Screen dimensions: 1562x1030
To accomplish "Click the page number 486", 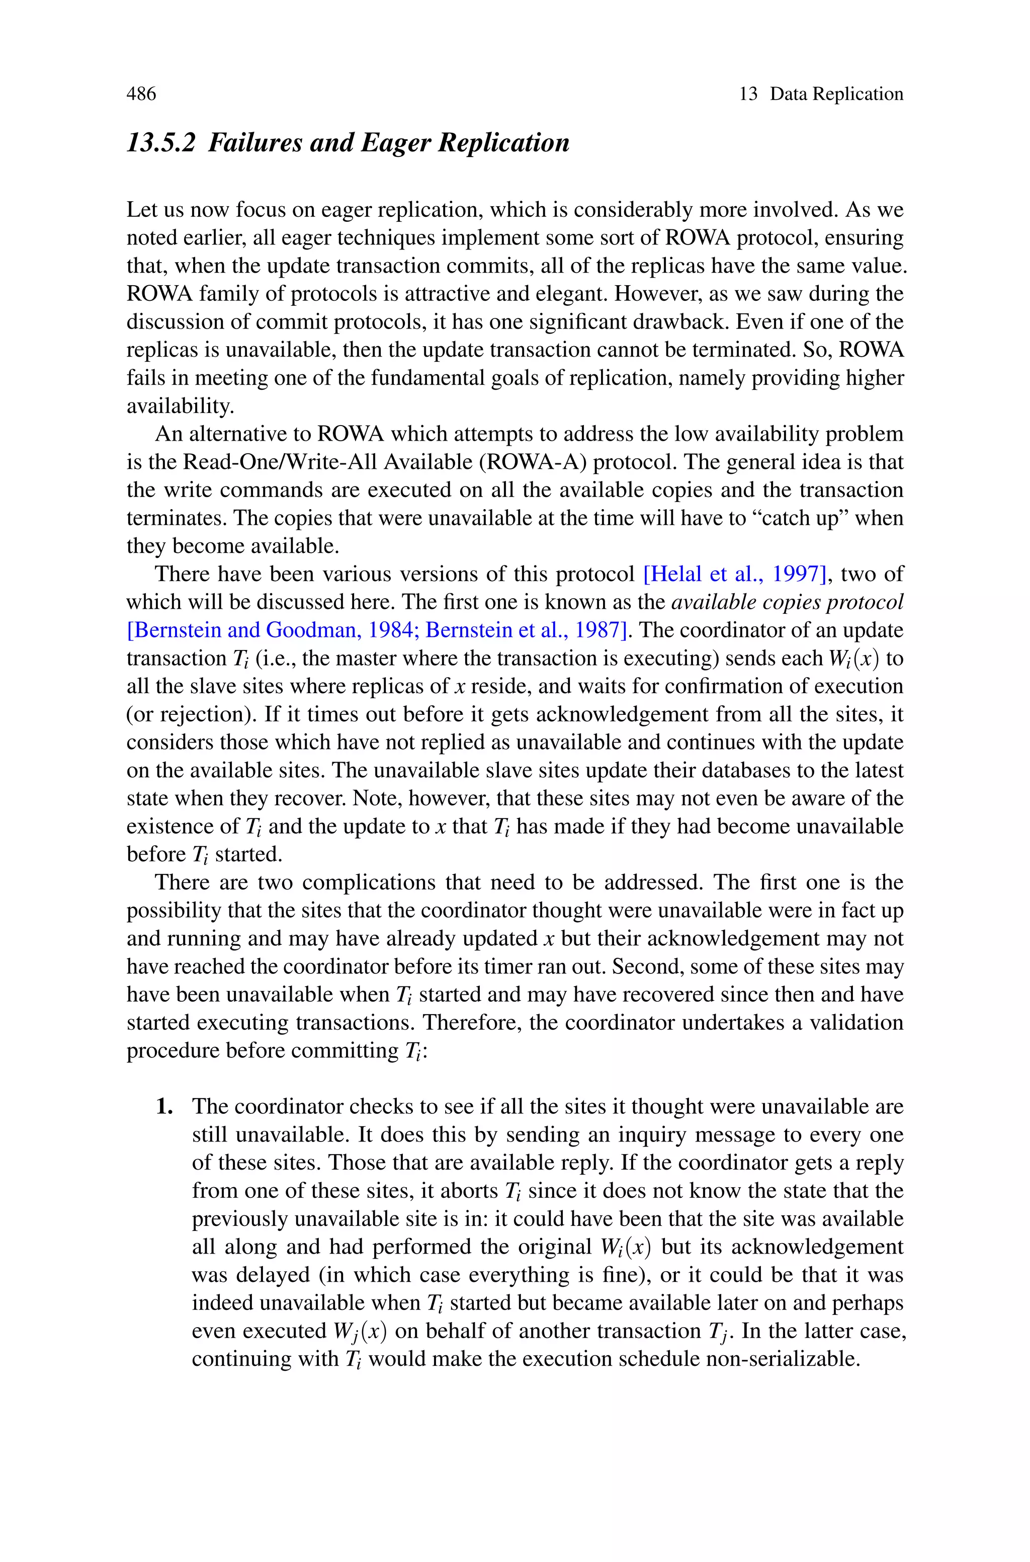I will (x=141, y=94).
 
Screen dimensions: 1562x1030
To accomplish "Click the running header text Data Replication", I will (x=836, y=94).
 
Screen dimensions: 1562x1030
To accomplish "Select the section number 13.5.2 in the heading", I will (x=161, y=142).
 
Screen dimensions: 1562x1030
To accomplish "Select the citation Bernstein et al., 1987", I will (x=524, y=630).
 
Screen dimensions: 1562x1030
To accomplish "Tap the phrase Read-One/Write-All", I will (x=280, y=462).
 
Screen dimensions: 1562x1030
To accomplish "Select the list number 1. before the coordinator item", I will (x=165, y=1107).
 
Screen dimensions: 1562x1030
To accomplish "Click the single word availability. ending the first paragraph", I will (x=180, y=406).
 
